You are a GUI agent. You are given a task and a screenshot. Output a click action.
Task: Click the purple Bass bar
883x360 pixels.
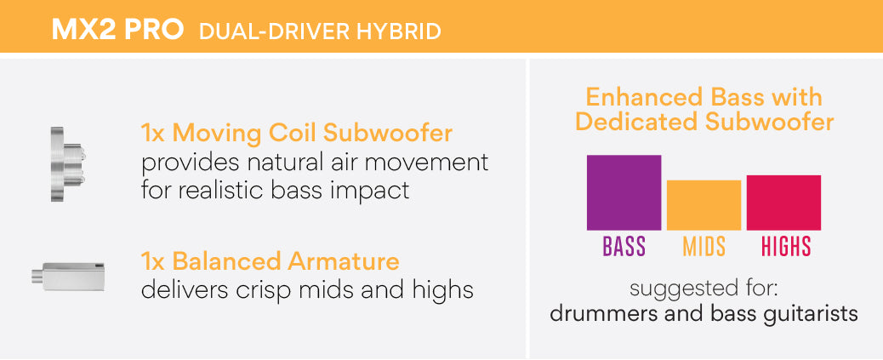[x=624, y=192]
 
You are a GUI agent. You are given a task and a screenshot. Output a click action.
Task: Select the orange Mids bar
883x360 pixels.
[x=704, y=205]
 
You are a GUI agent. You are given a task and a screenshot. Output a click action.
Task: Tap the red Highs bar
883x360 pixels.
[x=783, y=203]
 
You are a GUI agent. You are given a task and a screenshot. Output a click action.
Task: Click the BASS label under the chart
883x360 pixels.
[x=624, y=246]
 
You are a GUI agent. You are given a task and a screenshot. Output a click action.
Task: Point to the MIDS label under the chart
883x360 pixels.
[x=704, y=246]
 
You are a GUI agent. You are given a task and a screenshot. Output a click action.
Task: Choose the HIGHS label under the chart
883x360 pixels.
[x=785, y=246]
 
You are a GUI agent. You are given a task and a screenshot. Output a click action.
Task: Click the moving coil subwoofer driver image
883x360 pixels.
[x=67, y=164]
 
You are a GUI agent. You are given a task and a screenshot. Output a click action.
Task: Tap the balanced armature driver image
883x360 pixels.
[x=68, y=276]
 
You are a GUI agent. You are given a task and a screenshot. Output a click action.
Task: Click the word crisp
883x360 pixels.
[x=262, y=291]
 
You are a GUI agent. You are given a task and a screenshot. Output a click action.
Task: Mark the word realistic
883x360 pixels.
[x=217, y=191]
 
